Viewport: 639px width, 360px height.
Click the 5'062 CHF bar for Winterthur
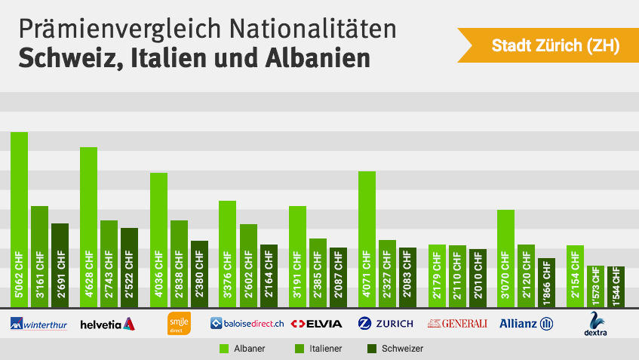(x=19, y=219)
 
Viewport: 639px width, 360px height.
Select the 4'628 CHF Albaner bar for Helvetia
(x=88, y=226)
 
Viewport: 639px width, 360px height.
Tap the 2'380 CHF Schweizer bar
(x=199, y=273)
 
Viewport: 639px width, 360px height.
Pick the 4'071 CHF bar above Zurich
(x=367, y=238)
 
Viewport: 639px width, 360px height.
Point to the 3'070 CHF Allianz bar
(x=505, y=257)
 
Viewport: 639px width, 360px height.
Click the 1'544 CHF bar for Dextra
(x=616, y=286)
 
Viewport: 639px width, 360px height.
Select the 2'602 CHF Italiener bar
(x=248, y=265)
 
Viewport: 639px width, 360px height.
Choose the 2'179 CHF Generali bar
(x=437, y=275)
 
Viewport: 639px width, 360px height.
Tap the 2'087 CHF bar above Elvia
(x=338, y=276)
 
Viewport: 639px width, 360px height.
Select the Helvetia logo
(x=107, y=324)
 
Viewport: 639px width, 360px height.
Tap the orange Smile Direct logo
(x=178, y=323)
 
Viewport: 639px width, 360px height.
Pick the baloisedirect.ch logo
(x=247, y=324)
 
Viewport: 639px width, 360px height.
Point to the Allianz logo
(x=526, y=324)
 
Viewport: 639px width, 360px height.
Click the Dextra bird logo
(x=596, y=323)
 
